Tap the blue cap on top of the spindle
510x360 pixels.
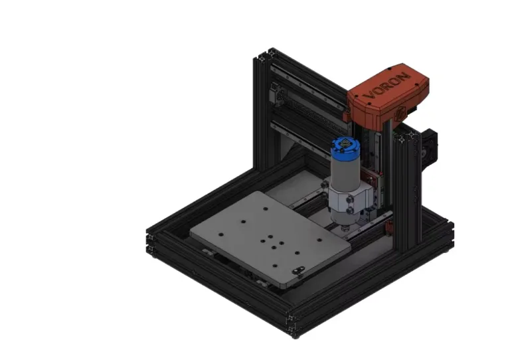(x=345, y=147)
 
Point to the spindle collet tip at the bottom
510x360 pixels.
(x=345, y=228)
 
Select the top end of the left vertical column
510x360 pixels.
(x=264, y=56)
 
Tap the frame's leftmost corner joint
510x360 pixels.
(x=152, y=240)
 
